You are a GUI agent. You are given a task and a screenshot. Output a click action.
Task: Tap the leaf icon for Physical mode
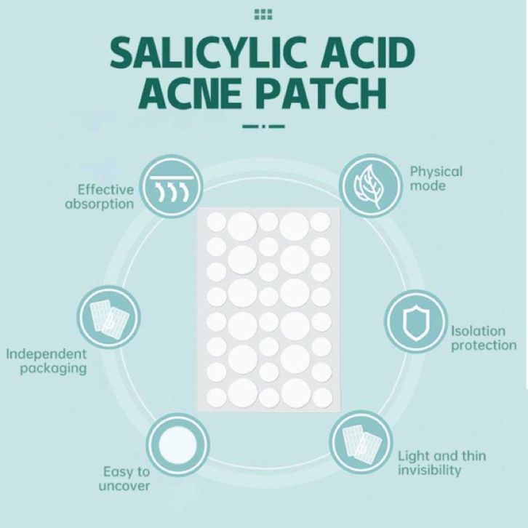pyautogui.click(x=368, y=185)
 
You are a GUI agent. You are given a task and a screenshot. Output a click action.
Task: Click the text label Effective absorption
pyautogui.click(x=100, y=196)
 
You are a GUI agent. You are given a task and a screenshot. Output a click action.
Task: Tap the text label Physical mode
pyautogui.click(x=436, y=179)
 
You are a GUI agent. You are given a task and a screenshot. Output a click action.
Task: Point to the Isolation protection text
pyautogui.click(x=483, y=338)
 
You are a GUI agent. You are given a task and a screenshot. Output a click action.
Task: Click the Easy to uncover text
pyautogui.click(x=124, y=479)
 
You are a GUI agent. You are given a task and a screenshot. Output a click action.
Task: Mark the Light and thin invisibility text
pyautogui.click(x=441, y=463)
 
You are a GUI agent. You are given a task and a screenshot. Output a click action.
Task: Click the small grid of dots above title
pyautogui.click(x=264, y=14)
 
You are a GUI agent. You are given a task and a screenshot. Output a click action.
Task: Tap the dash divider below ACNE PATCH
pyautogui.click(x=264, y=127)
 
